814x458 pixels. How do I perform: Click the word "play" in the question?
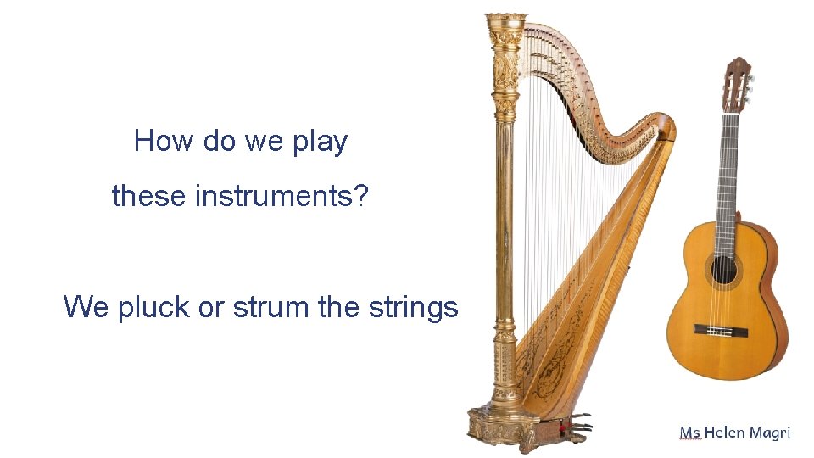[320, 142]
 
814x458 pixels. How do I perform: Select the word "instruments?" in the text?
[282, 197]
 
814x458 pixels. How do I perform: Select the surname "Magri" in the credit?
[770, 433]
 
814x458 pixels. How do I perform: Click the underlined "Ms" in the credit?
[689, 433]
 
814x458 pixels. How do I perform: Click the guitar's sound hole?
[723, 271]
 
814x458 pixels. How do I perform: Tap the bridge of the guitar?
[726, 329]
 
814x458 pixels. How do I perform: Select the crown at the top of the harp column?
[505, 25]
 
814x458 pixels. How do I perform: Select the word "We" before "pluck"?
[86, 307]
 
